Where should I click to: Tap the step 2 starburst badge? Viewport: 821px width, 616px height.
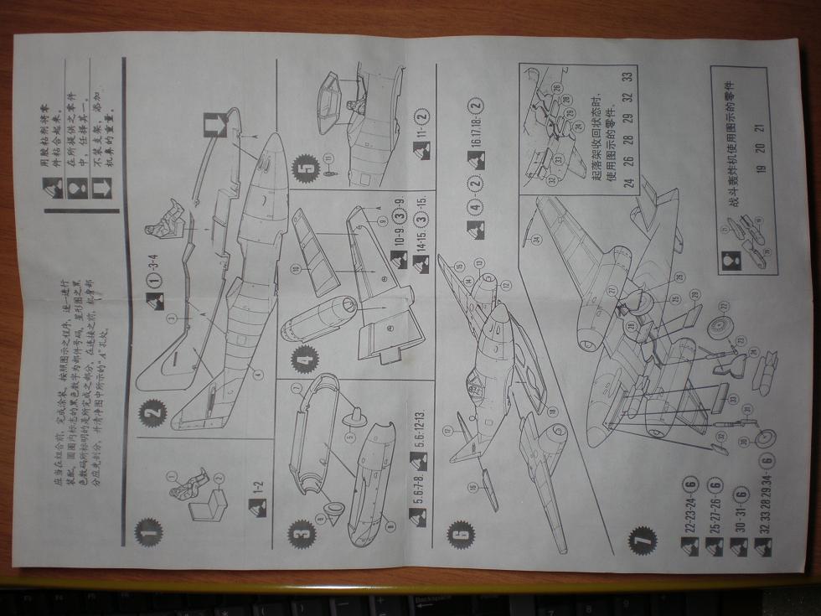[x=153, y=413]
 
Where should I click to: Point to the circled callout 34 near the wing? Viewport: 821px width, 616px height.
[x=536, y=240]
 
